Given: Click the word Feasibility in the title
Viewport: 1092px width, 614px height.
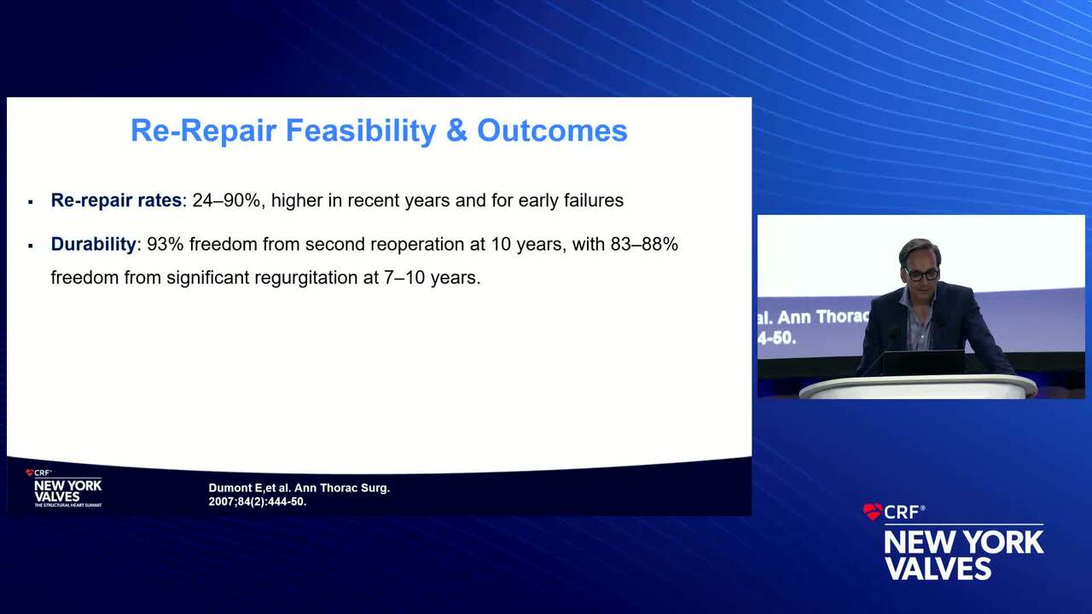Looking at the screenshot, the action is (361, 130).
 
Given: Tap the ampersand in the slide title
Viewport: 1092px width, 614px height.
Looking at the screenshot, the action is (456, 130).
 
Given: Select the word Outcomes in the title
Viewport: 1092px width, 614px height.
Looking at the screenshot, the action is (552, 130).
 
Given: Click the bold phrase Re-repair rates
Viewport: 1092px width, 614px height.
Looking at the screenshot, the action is (116, 200).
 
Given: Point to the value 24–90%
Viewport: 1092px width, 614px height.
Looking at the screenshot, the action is (226, 200).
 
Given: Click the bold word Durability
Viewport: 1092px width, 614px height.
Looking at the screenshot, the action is (93, 244).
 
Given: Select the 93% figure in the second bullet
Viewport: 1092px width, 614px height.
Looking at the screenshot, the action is (166, 244).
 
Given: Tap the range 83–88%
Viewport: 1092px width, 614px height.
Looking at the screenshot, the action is (644, 244).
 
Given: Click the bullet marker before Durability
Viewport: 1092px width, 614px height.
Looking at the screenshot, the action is (31, 246).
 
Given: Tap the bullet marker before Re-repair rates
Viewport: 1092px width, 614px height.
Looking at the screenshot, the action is (31, 202).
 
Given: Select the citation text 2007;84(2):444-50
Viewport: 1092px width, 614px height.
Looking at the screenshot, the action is (258, 501).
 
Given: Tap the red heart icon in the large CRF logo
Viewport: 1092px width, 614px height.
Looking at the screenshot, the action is (872, 512).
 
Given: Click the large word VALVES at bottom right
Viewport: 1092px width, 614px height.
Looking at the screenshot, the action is (938, 568).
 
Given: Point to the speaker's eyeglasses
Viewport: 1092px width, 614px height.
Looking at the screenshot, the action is (921, 275).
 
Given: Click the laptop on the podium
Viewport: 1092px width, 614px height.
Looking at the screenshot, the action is (923, 363).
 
